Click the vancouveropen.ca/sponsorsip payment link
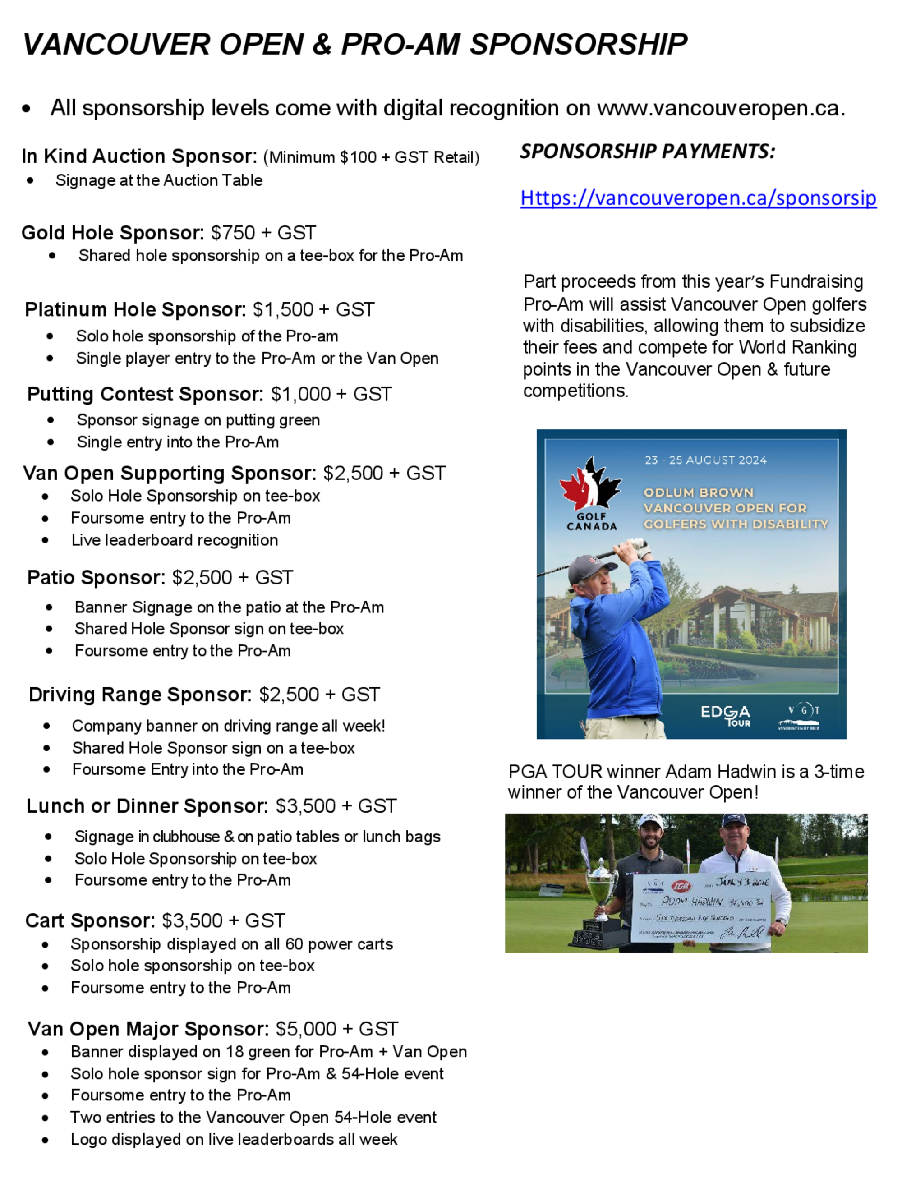697,198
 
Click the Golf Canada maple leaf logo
590,484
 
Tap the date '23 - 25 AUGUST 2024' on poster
705,460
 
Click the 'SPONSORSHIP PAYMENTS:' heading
647,151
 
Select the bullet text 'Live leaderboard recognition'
175,540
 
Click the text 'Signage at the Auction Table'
159,180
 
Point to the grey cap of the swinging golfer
586,568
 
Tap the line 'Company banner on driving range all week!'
228,726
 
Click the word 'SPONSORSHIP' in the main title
578,45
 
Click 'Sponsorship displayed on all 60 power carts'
231,944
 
